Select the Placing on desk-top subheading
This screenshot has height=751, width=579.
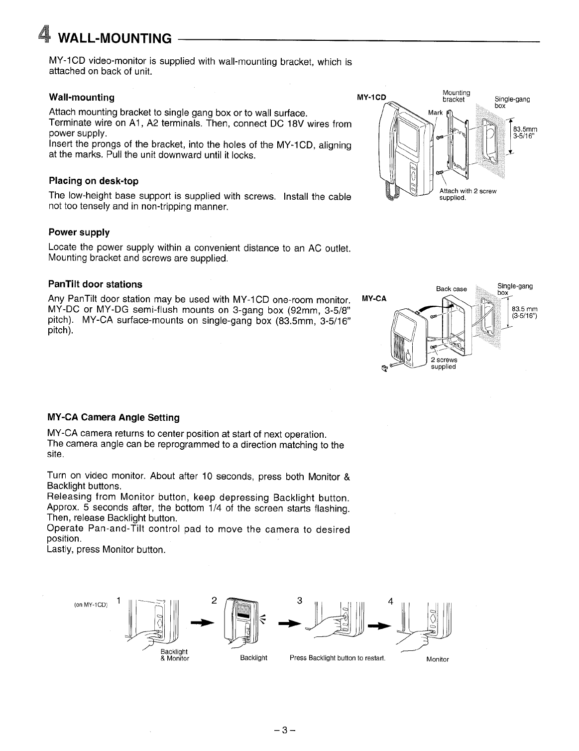(94, 181)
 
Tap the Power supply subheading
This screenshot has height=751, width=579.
(79, 233)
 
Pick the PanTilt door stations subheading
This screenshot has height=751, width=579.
(95, 284)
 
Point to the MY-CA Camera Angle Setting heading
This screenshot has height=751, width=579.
(114, 417)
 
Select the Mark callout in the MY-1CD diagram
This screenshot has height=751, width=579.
(435, 113)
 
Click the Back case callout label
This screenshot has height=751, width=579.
(451, 289)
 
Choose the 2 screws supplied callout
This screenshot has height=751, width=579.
(444, 363)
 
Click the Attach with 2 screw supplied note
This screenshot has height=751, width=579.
(467, 194)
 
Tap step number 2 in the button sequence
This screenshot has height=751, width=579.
(214, 600)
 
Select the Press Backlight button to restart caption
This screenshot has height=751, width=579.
(338, 658)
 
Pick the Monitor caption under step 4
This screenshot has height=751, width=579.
(437, 659)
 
